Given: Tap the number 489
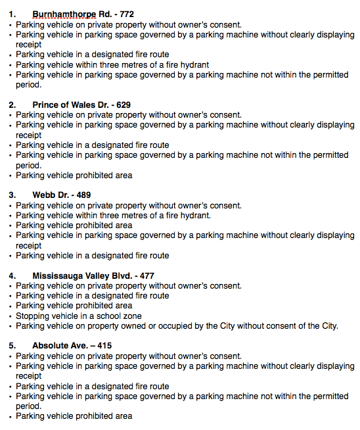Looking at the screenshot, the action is [x=83, y=195].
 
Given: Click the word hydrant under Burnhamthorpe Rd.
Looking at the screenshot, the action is [x=191, y=64].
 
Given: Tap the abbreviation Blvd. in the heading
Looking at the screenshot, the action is [x=128, y=275].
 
